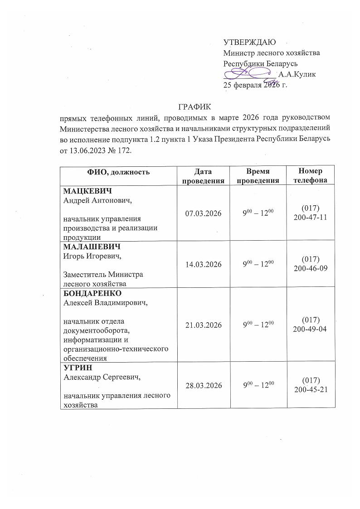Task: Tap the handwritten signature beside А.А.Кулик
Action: tap(249, 73)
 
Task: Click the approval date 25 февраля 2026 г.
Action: tap(256, 84)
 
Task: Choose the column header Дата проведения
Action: tap(203, 176)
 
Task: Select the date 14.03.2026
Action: tap(203, 264)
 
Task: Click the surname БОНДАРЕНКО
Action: tap(93, 293)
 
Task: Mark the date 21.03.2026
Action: tap(203, 325)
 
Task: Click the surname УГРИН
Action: tap(75, 368)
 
